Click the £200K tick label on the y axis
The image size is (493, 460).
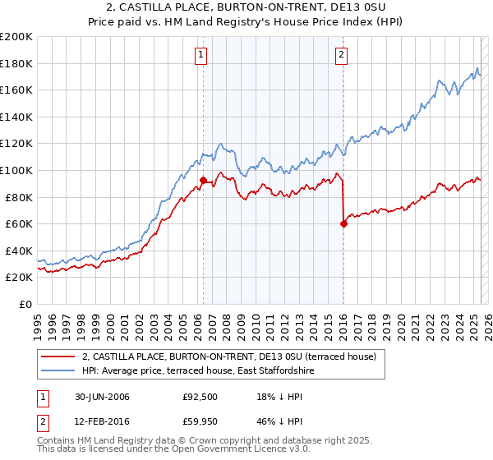16,37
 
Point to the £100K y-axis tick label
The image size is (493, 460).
16,170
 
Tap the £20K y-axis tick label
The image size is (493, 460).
20,278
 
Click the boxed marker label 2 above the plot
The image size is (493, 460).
342,55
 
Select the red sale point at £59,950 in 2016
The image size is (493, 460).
343,223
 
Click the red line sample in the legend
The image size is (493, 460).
59,356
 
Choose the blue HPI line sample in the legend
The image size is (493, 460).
59,370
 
